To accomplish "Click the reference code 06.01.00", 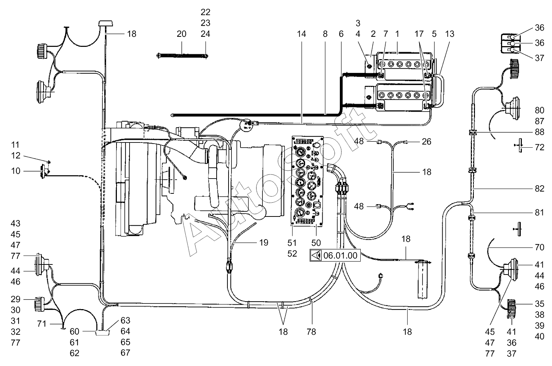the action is [x=340, y=256].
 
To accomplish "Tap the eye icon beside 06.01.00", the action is [x=316, y=256].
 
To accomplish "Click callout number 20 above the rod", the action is [x=181, y=34].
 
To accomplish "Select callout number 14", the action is [x=301, y=34].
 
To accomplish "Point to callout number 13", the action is [x=450, y=34].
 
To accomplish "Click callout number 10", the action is [x=16, y=171].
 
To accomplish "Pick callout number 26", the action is [x=427, y=142].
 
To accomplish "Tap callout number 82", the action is [x=539, y=189].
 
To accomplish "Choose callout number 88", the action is [x=539, y=132].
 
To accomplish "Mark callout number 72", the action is [x=539, y=147].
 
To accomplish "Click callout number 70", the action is [x=539, y=247].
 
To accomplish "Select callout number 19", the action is [x=264, y=243].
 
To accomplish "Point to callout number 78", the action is [x=311, y=332].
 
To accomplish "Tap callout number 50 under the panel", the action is [x=316, y=243].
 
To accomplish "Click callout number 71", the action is [x=42, y=324].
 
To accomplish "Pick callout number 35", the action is [x=539, y=304].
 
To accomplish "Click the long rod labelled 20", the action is [x=182, y=56].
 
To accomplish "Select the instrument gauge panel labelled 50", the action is [x=307, y=181].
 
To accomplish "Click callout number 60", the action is [x=74, y=331].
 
